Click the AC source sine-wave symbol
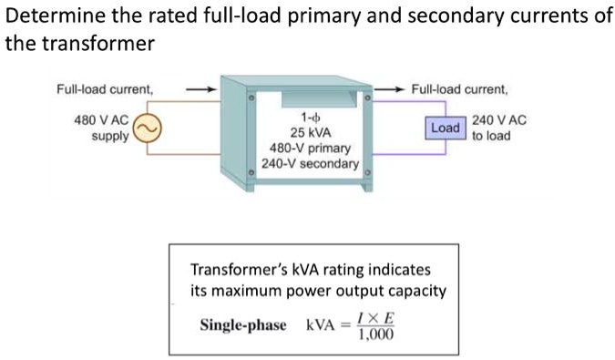pos(149,130)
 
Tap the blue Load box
pos(445,128)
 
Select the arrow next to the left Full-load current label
pos(200,90)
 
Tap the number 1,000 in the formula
pos(374,334)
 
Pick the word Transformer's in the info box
pos(238,272)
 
